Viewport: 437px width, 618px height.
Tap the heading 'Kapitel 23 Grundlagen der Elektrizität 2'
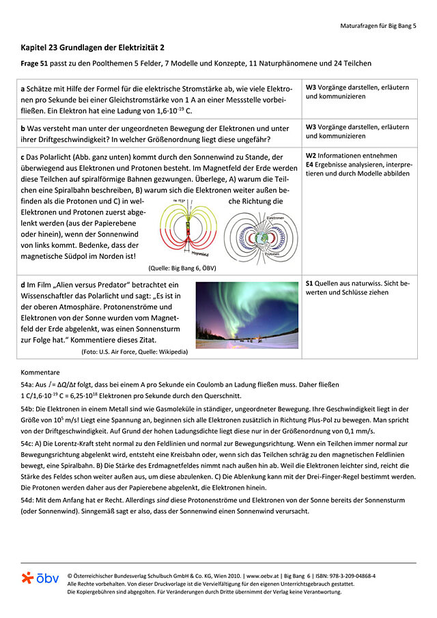[x=92, y=48]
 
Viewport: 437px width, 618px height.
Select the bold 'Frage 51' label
[x=37, y=64]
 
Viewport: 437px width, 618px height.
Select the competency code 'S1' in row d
[x=309, y=283]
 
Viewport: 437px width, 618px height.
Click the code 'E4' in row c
[x=309, y=165]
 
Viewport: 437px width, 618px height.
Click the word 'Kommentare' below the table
[x=40, y=373]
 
